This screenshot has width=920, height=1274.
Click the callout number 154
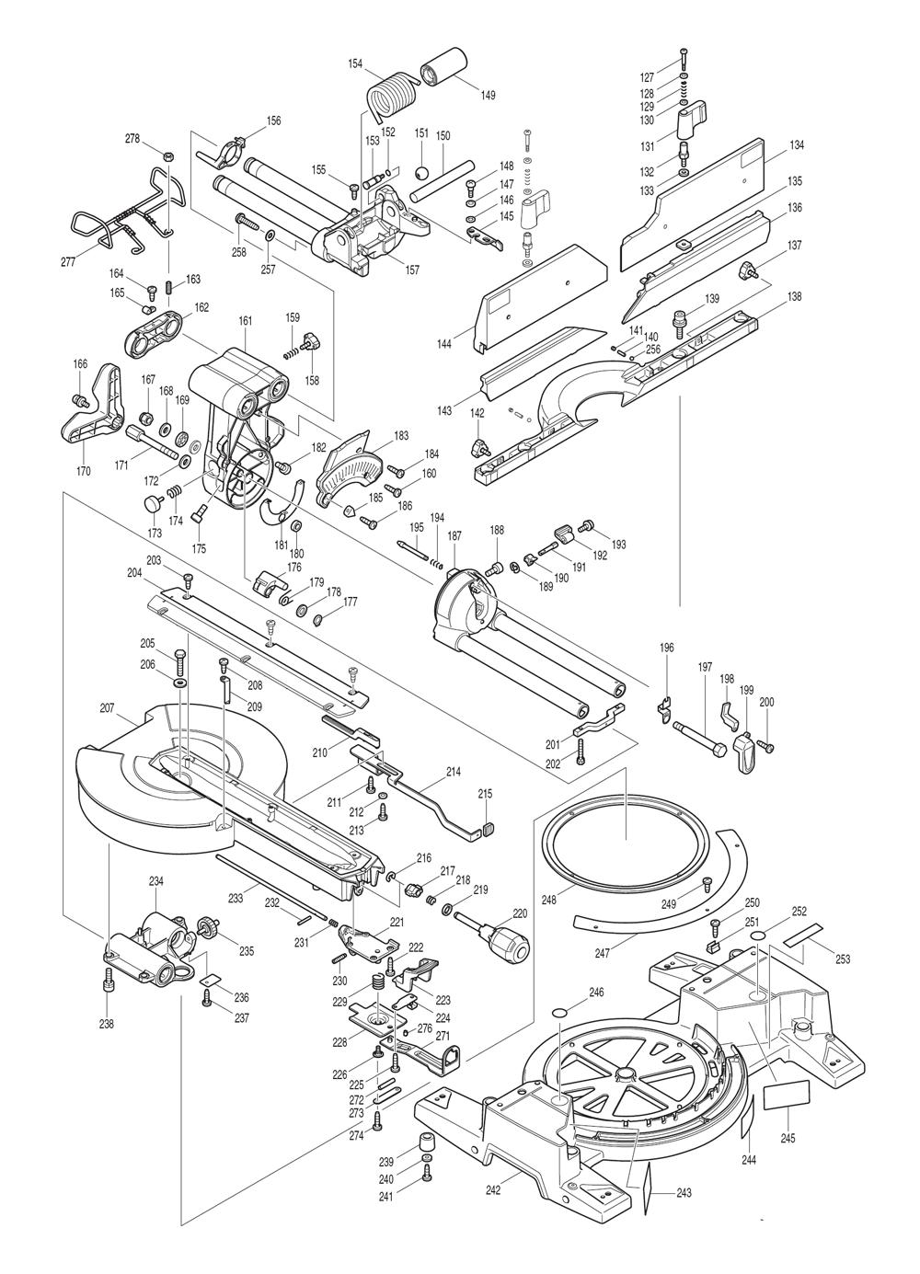(355, 63)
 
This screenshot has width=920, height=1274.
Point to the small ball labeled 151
(421, 172)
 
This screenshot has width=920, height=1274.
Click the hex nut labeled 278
(167, 155)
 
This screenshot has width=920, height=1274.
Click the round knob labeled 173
(153, 503)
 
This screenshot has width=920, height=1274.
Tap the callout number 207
(107, 708)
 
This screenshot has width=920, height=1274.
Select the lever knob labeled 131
(691, 119)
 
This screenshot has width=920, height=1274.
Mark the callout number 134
(797, 145)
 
